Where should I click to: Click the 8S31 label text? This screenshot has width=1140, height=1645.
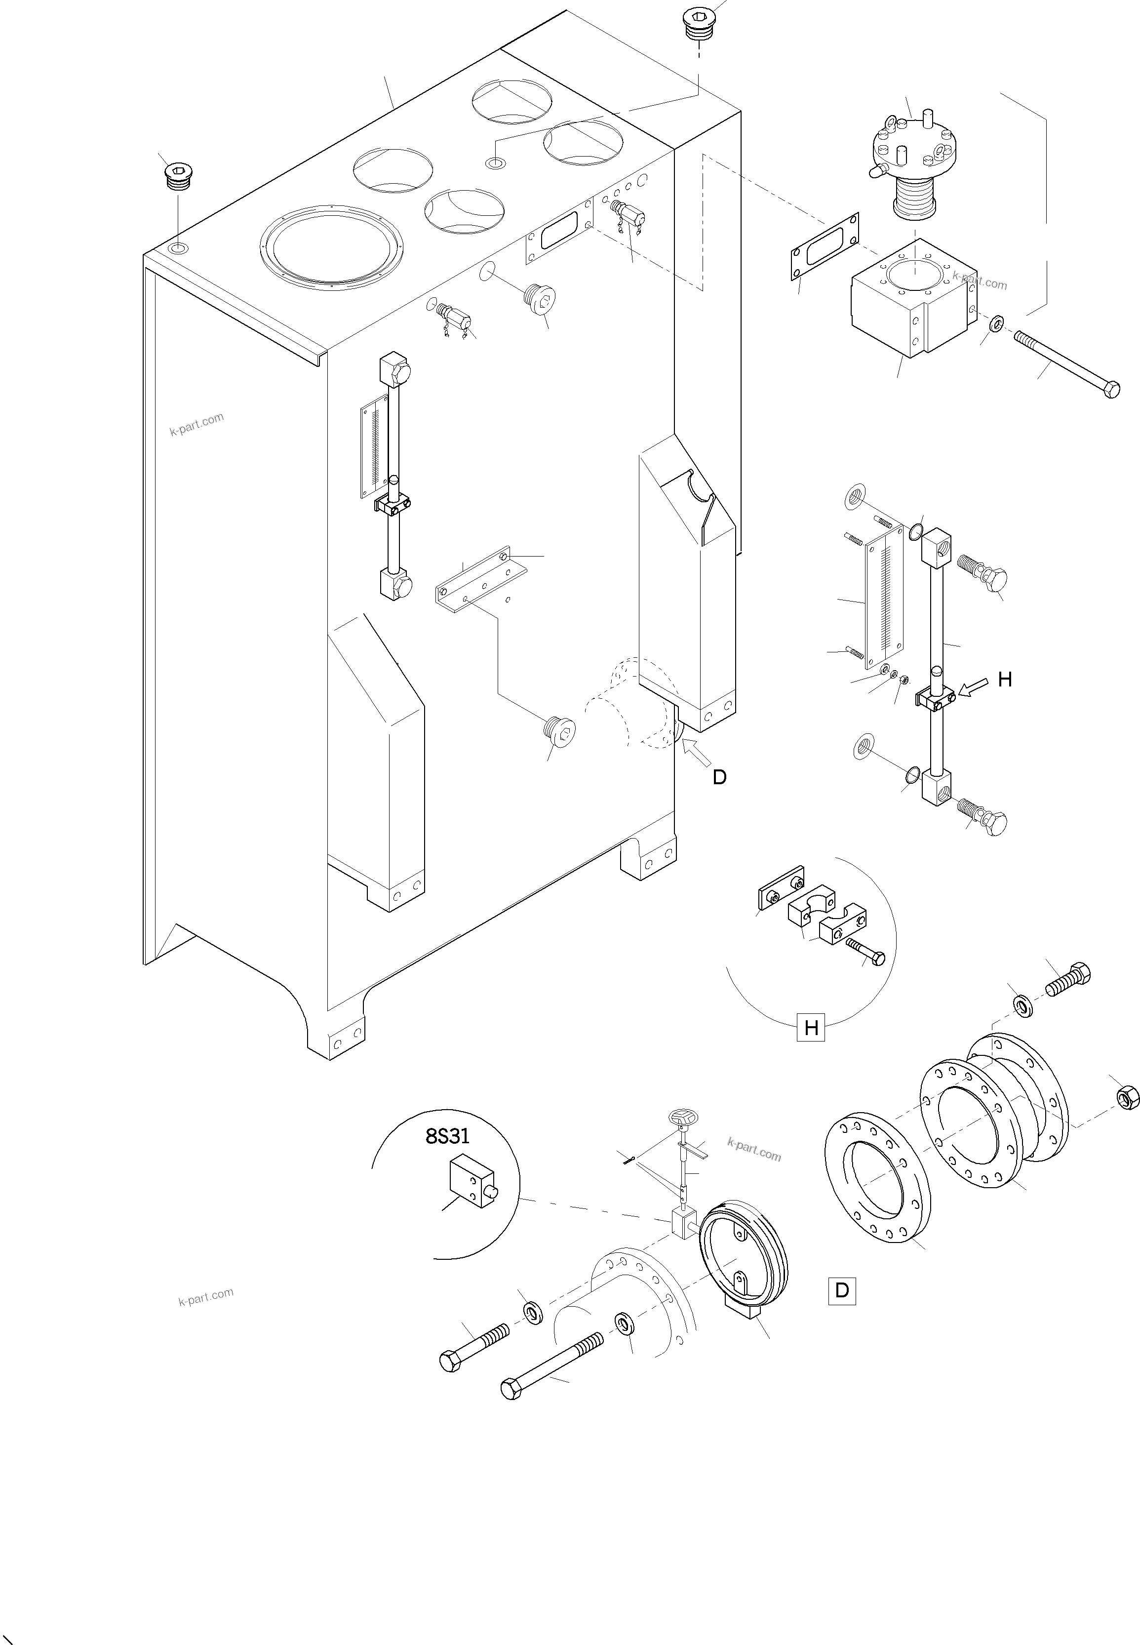[447, 1136]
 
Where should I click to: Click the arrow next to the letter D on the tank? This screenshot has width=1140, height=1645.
[697, 754]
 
